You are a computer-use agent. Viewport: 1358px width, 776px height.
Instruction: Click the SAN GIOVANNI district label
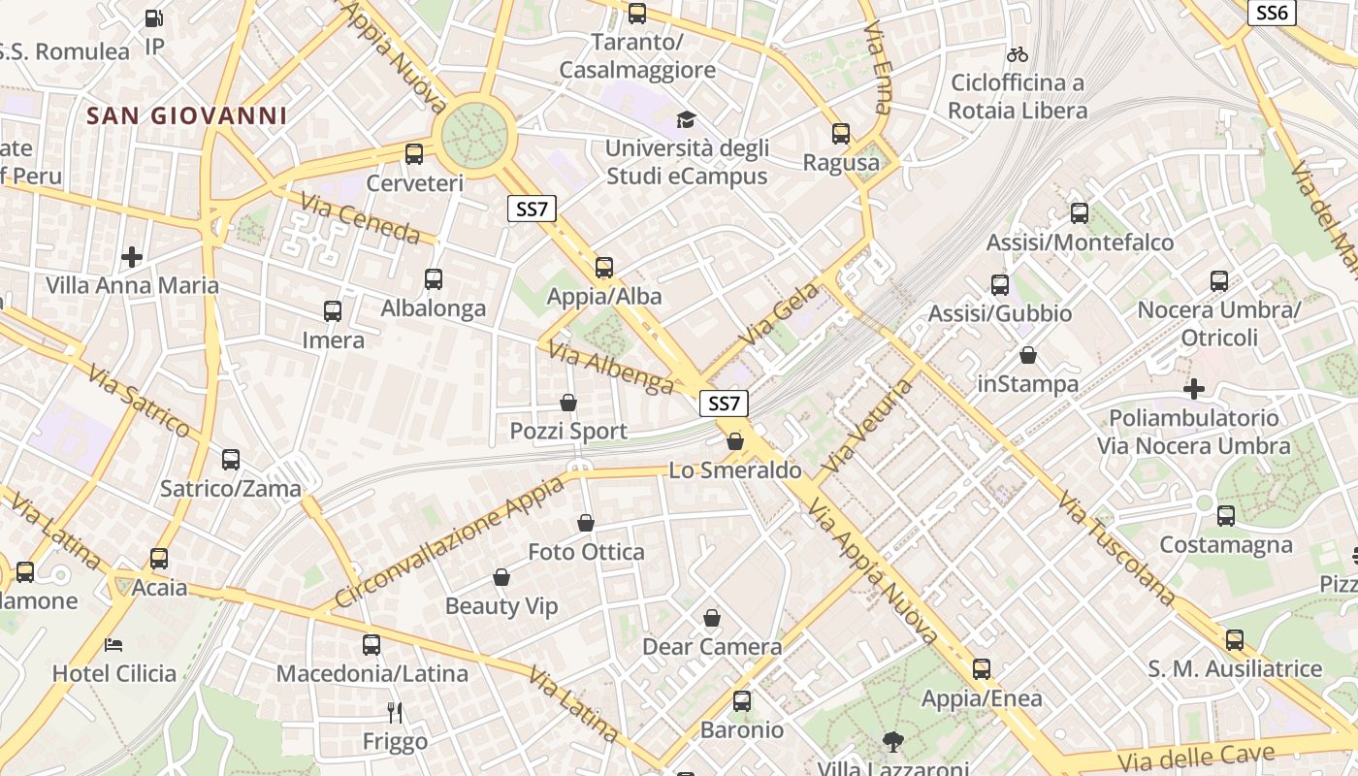point(186,116)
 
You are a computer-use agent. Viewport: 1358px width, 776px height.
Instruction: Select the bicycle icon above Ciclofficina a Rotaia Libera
point(1017,54)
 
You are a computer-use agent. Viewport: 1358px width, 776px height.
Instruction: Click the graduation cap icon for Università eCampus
point(687,119)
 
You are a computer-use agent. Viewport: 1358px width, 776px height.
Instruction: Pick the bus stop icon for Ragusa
point(841,134)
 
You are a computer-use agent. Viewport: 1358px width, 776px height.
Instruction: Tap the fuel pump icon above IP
point(153,17)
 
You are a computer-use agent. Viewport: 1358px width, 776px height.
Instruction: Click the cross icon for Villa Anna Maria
point(132,257)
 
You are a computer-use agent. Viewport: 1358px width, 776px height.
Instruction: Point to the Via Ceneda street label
point(360,218)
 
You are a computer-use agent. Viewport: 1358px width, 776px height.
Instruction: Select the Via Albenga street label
point(610,368)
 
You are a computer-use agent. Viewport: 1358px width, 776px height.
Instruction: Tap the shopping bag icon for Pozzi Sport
point(568,403)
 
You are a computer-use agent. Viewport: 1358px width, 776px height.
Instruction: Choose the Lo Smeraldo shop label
point(735,470)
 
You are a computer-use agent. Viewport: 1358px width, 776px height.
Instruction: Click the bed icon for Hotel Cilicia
point(114,644)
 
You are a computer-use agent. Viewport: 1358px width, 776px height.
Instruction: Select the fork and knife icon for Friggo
point(395,713)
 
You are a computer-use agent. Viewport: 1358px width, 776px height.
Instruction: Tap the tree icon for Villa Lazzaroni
point(892,742)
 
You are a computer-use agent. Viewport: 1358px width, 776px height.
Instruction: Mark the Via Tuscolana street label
point(1116,548)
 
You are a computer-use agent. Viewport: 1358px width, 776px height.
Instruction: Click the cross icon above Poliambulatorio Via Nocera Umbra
point(1194,389)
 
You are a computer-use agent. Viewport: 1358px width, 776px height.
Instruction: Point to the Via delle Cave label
point(1195,756)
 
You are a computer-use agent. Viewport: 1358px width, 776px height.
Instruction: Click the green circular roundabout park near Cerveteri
point(475,133)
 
